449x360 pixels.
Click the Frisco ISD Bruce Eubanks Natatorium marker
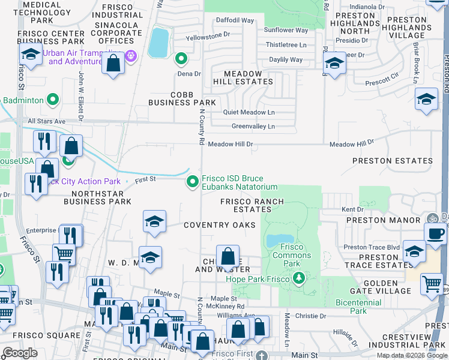point(193,181)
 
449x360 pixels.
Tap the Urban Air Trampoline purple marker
point(132,57)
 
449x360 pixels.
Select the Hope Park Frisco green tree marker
point(298,278)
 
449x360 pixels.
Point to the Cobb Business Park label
point(173,98)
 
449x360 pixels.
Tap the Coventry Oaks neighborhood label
point(220,225)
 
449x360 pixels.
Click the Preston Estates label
point(392,161)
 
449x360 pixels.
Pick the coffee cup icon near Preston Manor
point(436,233)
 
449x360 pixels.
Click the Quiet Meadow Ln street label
point(249,112)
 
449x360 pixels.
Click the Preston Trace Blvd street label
point(372,247)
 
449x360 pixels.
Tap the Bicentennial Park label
point(359,307)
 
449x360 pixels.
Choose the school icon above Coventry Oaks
point(154,221)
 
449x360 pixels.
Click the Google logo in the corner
point(20,353)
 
